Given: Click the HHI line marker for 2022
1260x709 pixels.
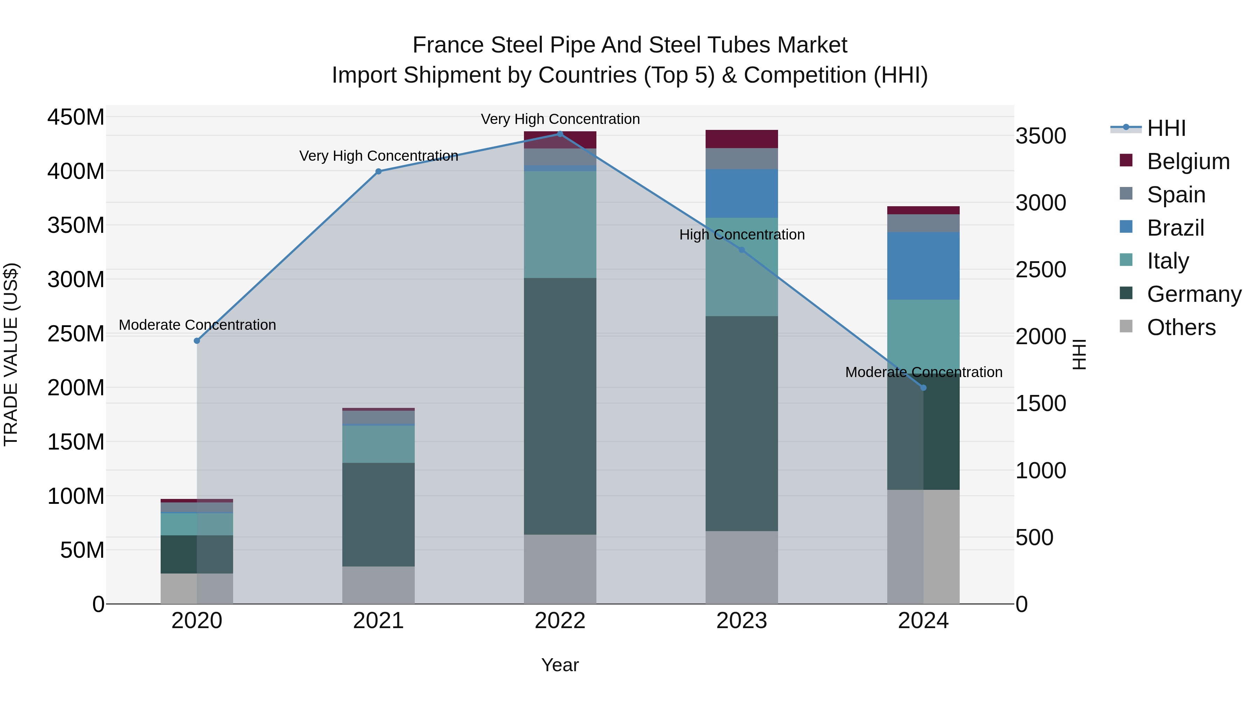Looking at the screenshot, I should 560,134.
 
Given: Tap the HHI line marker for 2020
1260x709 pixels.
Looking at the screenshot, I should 197,341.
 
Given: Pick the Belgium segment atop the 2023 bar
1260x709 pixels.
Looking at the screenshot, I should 742,139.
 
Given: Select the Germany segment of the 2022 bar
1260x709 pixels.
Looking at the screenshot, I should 560,406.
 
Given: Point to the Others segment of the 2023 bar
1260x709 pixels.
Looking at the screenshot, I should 742,567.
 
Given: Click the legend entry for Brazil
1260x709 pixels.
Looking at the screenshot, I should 1175,228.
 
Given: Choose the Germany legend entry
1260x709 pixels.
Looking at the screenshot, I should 1193,294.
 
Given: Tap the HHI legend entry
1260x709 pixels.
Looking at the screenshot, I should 1166,128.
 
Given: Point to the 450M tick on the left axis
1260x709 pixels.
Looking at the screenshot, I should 76,117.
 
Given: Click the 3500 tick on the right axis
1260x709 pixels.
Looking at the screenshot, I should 1041,136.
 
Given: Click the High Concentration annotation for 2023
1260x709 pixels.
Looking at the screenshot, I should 742,235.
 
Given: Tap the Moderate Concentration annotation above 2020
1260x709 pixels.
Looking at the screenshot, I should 197,325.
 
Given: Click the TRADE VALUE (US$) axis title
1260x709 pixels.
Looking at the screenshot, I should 11,354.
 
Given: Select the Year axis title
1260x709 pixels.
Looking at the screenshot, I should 560,665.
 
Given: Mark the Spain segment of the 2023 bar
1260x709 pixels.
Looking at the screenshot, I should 742,159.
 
